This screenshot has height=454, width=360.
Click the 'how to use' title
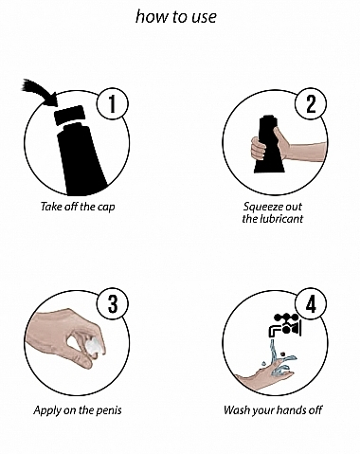[x=176, y=16]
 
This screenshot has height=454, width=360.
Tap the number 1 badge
[x=113, y=103]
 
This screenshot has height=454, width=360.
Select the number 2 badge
[x=311, y=103]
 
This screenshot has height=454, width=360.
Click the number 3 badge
[x=113, y=304]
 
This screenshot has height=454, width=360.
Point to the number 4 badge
[x=311, y=304]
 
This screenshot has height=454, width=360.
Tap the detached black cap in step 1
[x=69, y=115]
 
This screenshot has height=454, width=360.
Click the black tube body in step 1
[x=82, y=158]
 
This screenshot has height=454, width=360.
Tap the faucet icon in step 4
[x=286, y=325]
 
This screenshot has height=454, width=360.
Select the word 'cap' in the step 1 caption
[x=106, y=208]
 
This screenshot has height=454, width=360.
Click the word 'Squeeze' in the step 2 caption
[x=259, y=207]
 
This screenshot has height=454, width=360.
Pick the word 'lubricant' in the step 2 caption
[x=282, y=219]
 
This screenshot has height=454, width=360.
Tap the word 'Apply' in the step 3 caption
[x=47, y=410]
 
